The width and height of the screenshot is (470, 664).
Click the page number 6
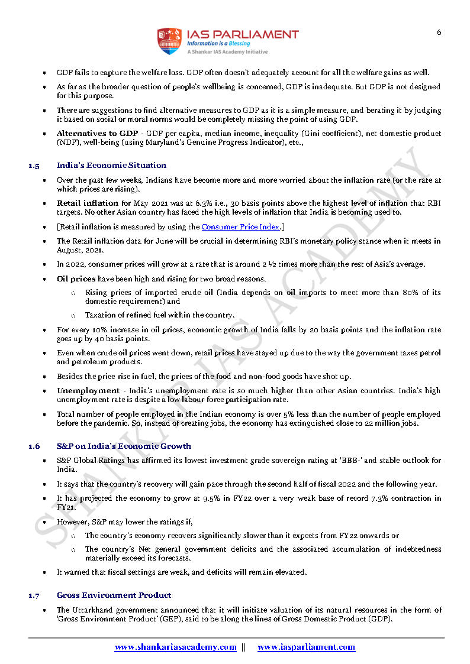point(439,33)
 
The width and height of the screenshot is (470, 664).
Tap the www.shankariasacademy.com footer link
point(176,647)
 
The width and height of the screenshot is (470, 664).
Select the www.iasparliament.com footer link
point(306,647)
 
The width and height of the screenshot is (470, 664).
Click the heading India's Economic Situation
point(111,165)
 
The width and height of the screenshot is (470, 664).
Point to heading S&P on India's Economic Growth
point(124,446)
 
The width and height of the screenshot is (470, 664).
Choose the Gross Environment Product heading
point(114,595)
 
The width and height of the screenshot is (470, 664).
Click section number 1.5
point(34,166)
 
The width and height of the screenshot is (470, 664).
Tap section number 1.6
point(34,446)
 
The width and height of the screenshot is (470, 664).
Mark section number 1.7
point(34,595)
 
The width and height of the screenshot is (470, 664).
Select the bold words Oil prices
point(76,278)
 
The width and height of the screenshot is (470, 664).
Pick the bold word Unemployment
point(88,391)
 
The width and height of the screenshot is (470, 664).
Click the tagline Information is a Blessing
point(218,43)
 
